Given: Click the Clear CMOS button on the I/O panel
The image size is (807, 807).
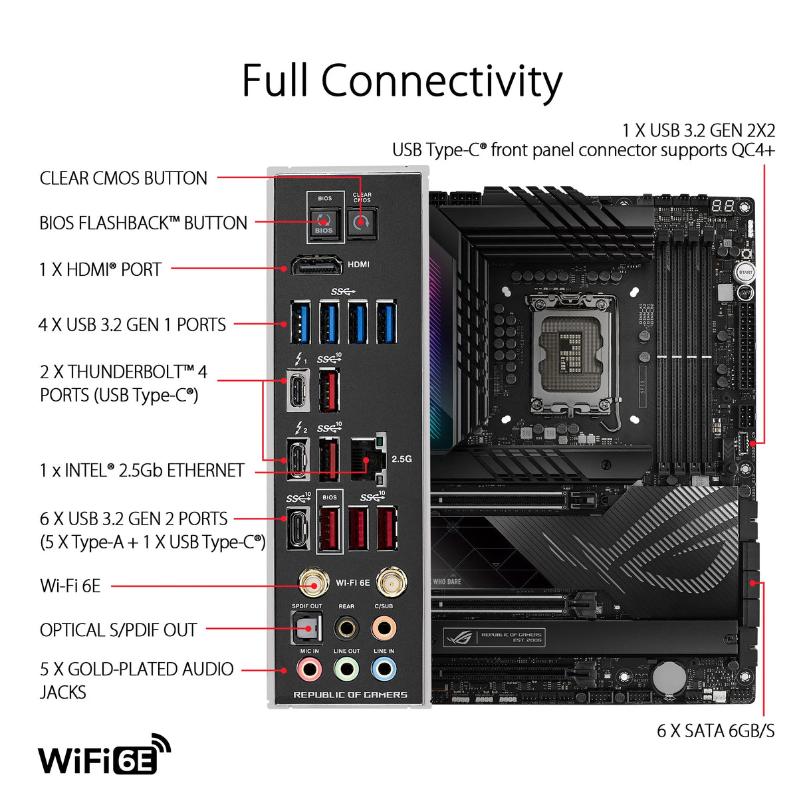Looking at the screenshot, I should coord(362,222).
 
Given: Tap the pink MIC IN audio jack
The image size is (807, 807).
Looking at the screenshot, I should coord(309,669).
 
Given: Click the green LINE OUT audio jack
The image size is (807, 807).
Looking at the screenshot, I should coord(346,669).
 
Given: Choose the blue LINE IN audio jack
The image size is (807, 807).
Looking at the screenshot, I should coord(384,669).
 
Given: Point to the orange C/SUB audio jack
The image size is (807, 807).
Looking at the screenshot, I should coord(384,627).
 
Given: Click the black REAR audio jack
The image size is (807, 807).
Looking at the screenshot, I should coord(346,627).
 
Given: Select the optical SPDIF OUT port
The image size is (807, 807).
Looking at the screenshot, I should coord(307,627).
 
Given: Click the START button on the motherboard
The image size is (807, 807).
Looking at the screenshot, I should coord(745,273).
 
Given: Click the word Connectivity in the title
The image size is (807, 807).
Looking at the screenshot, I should coord(441,81).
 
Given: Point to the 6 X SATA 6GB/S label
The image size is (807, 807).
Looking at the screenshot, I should coord(715,731).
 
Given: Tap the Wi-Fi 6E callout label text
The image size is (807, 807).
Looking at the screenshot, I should coord(70,586).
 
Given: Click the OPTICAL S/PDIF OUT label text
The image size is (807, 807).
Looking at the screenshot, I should coord(118,630).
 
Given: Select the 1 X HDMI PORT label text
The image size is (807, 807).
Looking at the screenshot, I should coord(100,269).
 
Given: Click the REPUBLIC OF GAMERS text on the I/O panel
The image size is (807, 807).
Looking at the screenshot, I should coord(350,695).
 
